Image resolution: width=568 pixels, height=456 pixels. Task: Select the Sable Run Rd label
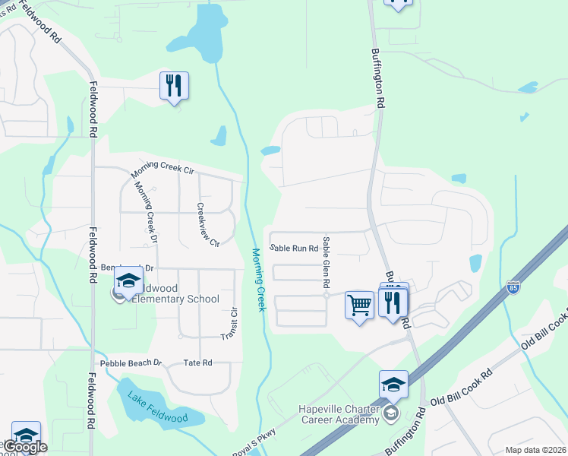pyautogui.click(x=294, y=249)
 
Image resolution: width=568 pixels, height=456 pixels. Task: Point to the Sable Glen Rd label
pyautogui.click(x=327, y=262)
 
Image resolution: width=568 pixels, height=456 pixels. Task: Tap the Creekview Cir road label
pyautogui.click(x=207, y=225)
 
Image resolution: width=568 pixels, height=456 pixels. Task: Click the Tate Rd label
pyautogui.click(x=197, y=363)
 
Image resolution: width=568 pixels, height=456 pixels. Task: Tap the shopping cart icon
pyautogui.click(x=359, y=306)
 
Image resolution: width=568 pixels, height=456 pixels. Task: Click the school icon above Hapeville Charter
pyautogui.click(x=393, y=385)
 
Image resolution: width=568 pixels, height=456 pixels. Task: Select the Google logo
pyautogui.click(x=25, y=447)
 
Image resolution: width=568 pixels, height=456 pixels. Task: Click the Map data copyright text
pyautogui.click(x=535, y=450)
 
